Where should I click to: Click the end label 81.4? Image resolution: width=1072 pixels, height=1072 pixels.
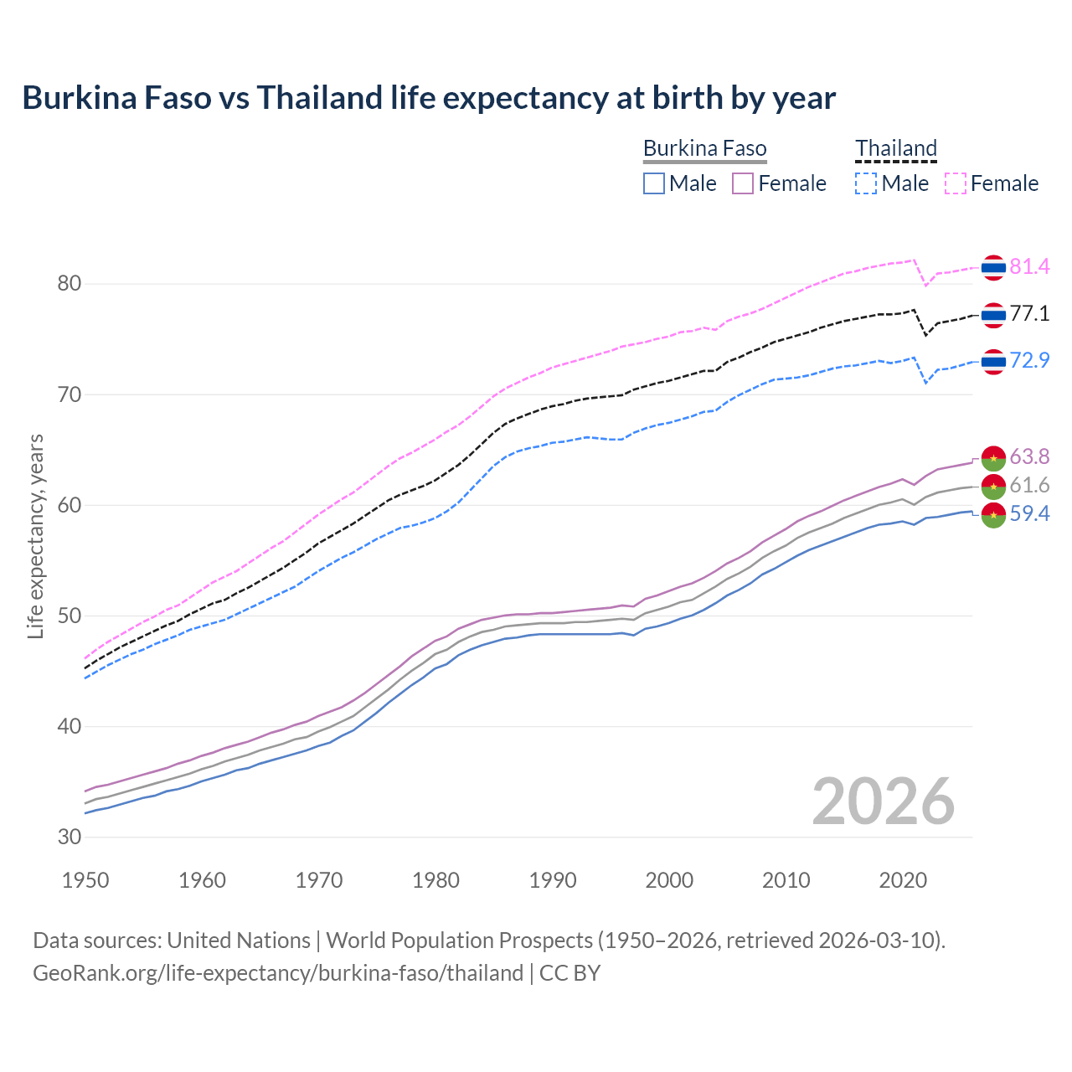click(1029, 266)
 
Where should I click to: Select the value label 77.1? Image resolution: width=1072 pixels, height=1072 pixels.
click(1029, 314)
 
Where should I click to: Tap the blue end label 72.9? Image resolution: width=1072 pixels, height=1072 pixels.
click(1029, 360)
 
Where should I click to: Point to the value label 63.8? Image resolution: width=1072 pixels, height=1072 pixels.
click(1029, 456)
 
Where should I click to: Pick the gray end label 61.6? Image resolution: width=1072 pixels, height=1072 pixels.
click(1029, 485)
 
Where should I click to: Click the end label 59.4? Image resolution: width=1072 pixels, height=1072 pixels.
click(1029, 513)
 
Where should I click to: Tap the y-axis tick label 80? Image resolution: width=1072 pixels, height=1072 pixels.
click(70, 284)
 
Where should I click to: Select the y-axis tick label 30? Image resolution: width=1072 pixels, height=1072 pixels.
click(70, 837)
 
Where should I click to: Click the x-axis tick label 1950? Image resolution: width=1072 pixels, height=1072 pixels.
click(85, 880)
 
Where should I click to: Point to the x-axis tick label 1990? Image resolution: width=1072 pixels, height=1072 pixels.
click(553, 880)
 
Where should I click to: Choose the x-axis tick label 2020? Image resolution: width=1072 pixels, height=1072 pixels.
click(903, 880)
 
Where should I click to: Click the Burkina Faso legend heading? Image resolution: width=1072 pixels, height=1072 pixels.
click(704, 149)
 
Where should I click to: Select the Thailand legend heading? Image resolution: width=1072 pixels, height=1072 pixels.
click(895, 149)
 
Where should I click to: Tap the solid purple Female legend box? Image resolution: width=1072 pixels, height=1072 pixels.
click(743, 183)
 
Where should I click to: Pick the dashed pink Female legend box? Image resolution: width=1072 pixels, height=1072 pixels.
click(956, 183)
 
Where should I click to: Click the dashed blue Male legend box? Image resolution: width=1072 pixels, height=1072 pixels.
click(866, 183)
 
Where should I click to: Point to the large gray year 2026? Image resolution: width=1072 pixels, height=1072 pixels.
click(884, 802)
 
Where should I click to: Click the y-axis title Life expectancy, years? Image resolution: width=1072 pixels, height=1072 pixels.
click(36, 536)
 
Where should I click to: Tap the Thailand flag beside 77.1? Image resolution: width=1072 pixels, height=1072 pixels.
click(993, 315)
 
